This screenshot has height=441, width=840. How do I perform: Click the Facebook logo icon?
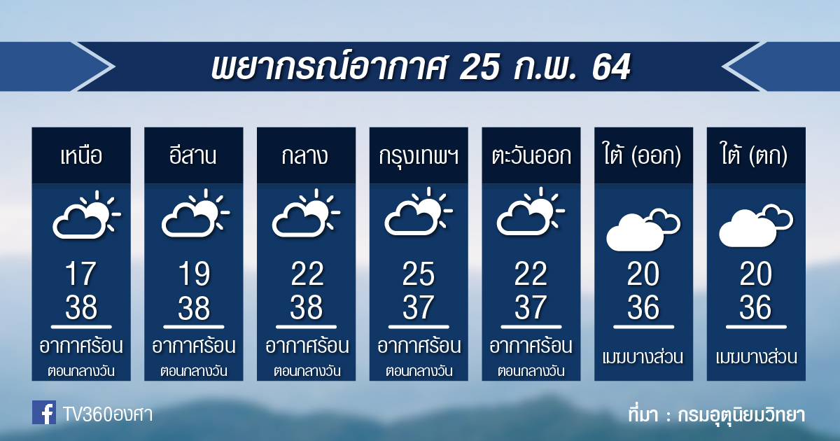(x=44, y=412)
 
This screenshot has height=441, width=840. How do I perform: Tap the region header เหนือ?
(x=81, y=155)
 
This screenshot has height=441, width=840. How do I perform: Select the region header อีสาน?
(x=192, y=155)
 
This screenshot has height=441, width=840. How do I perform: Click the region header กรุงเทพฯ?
(x=419, y=157)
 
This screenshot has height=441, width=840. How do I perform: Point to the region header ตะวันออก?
(x=531, y=155)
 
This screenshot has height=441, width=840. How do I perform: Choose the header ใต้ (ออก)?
(x=642, y=154)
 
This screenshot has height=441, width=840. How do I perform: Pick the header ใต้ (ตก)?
(x=755, y=154)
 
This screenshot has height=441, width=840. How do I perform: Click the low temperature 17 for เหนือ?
(x=81, y=274)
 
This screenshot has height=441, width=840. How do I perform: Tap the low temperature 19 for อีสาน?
(x=193, y=274)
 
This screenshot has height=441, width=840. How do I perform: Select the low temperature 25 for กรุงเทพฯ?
(x=419, y=274)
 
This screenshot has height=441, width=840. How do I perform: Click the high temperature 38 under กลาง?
(x=306, y=307)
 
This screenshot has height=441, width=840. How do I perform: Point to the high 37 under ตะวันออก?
(x=531, y=307)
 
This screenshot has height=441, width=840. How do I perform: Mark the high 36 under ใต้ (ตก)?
(x=755, y=307)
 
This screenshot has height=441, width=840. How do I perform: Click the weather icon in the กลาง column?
(x=306, y=213)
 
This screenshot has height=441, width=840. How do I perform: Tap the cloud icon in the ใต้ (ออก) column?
(x=643, y=230)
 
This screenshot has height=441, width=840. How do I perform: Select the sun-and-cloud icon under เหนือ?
(x=87, y=215)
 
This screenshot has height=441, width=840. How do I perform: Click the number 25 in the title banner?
(x=480, y=66)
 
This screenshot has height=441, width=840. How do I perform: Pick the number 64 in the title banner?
(x=612, y=66)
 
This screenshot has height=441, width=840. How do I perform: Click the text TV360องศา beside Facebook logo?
(x=108, y=414)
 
